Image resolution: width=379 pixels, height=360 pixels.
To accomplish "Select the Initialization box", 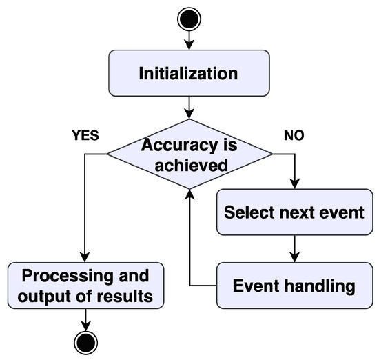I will tap(189, 72).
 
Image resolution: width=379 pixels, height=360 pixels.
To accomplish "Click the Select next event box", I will tap(295, 212).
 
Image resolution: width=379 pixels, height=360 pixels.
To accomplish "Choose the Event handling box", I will tap(295, 285).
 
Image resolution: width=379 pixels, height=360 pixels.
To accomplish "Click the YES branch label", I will tap(86, 135).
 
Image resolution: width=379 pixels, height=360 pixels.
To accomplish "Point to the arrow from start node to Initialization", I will tap(189, 40).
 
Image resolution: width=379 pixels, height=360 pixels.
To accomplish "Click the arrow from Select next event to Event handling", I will tap(295, 247).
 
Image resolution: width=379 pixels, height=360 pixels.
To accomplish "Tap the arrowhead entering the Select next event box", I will tap(295, 185).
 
